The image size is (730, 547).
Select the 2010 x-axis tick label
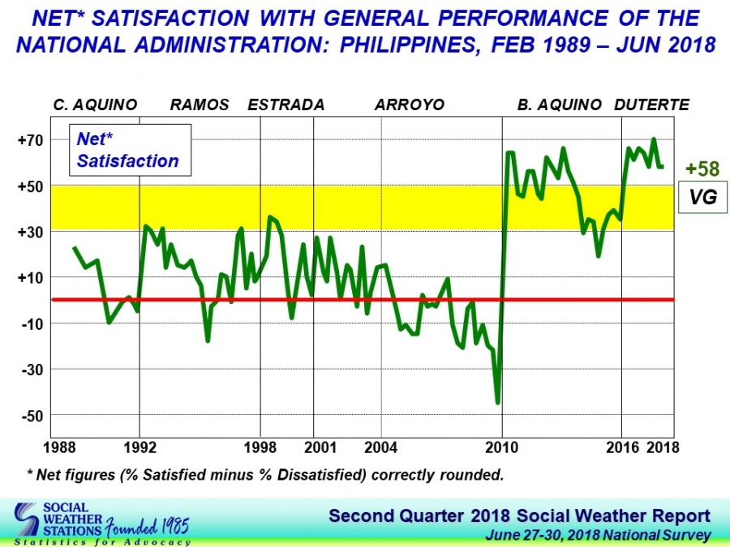point(502,447)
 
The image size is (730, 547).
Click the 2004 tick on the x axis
point(381,447)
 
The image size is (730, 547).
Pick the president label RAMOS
point(200,105)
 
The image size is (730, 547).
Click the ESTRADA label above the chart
point(286,105)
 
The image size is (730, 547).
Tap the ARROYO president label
point(410,105)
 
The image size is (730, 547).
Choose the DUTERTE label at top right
point(652,105)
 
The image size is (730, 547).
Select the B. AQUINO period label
point(560,105)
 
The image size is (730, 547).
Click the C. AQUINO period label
point(95,105)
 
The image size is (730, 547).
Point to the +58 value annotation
point(702,169)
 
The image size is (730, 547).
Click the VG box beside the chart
point(703,196)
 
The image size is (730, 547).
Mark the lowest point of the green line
point(497,403)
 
